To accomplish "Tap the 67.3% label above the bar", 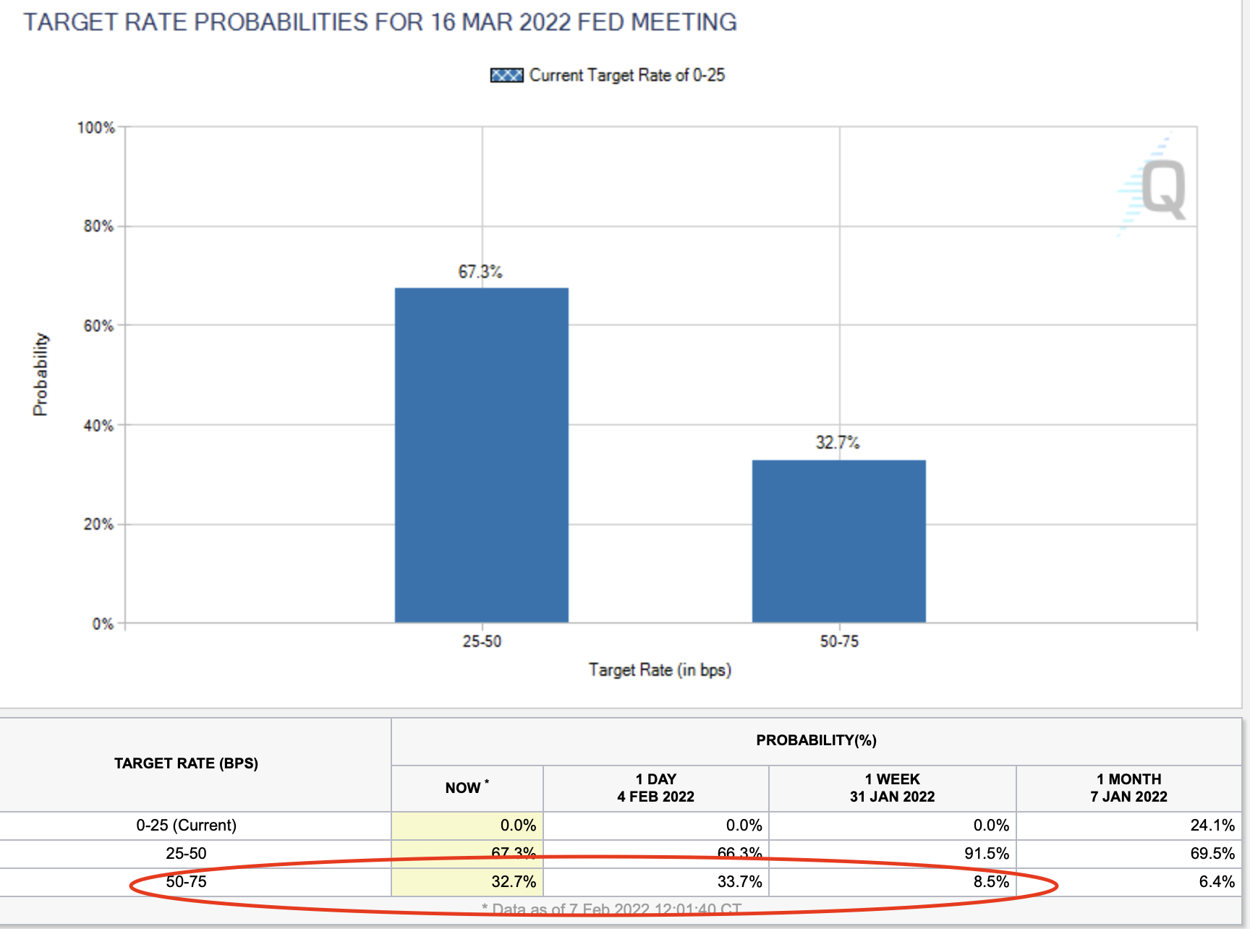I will coord(480,272).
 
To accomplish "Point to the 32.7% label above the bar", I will coord(837,443).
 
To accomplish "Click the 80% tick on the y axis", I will coord(98,226).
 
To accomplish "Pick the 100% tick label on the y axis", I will coord(95,128).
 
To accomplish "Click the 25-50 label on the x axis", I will coord(482,642).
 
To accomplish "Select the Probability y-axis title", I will coord(41,374).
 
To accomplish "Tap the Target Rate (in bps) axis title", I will coord(660,670).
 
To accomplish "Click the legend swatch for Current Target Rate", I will coord(506,75).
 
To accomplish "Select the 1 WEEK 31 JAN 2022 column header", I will coord(892,788).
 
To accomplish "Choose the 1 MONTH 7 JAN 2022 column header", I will coord(1128,788).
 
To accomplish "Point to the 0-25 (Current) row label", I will coord(186,826).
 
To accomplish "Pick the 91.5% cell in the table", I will coord(986,854).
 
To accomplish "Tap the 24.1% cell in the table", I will coord(1212,826).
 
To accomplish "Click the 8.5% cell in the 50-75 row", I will coord(990,882).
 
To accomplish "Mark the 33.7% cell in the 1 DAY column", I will coord(739,882).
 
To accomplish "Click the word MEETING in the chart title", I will coord(684,22).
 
